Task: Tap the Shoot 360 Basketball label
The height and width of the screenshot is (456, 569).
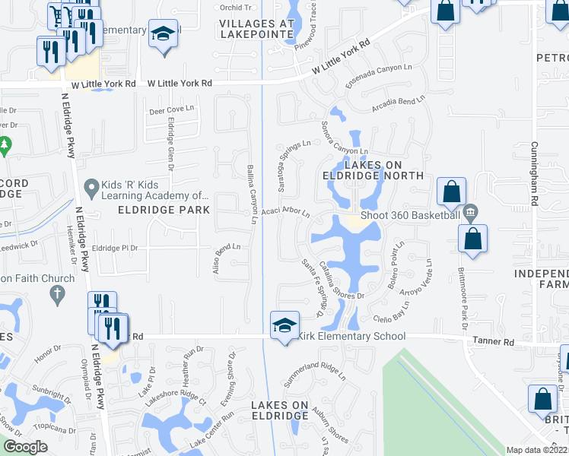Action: [x=410, y=215]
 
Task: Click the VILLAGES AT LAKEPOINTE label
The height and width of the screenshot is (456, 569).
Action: [x=256, y=29]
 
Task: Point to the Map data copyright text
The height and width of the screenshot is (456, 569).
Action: [x=536, y=450]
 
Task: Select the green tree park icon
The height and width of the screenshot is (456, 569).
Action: [x=5, y=144]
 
